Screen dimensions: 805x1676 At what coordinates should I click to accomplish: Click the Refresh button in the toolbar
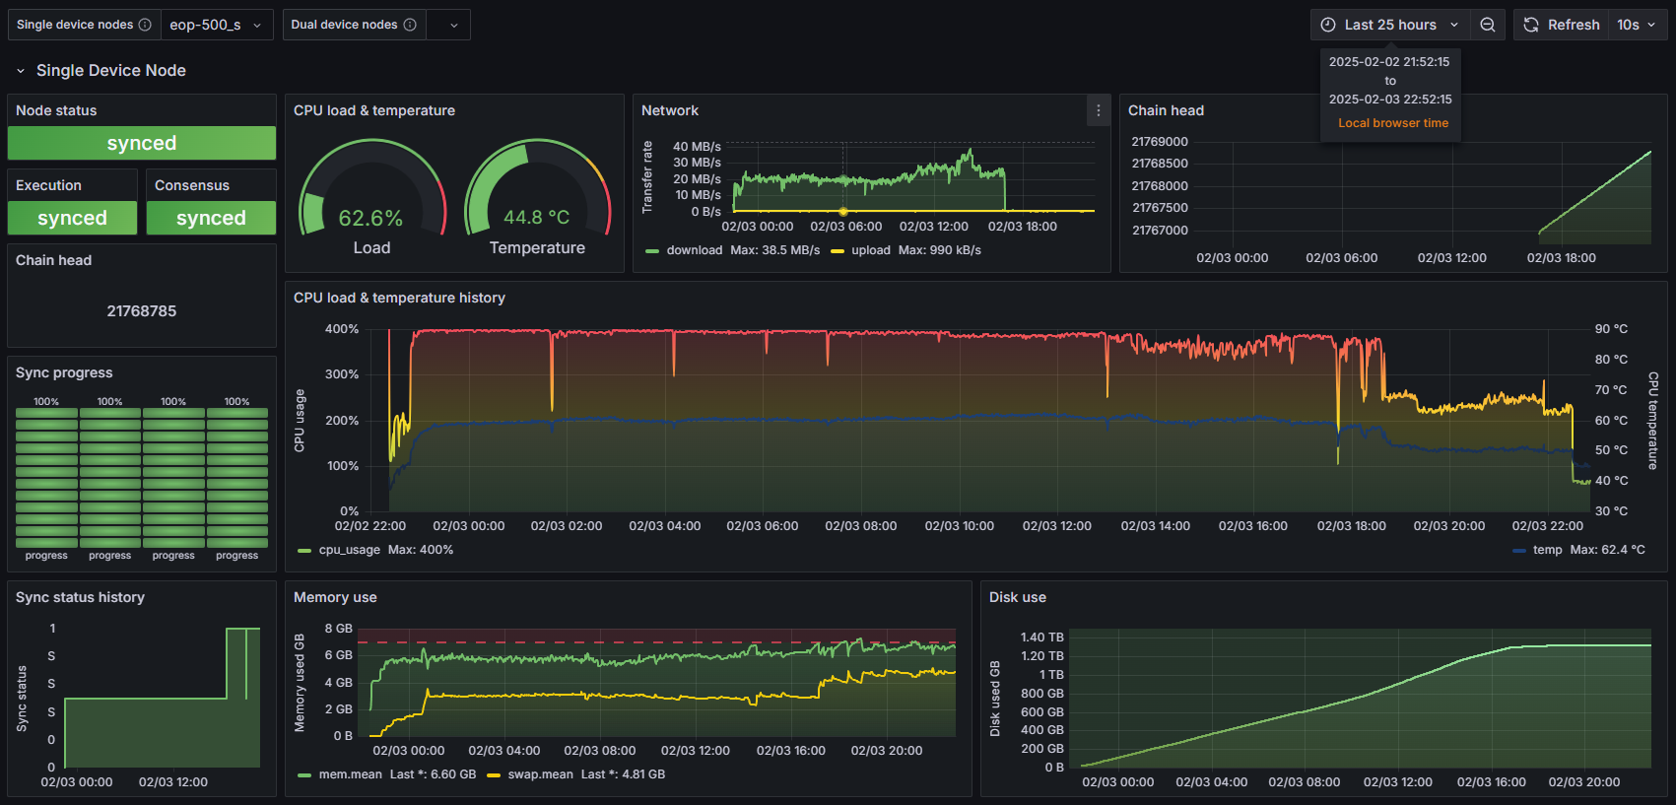click(x=1562, y=25)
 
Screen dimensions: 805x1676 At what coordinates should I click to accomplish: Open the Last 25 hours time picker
click(x=1390, y=25)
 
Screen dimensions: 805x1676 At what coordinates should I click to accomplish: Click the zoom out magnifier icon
click(x=1488, y=25)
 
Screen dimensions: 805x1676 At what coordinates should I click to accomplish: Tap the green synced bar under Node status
click(x=142, y=143)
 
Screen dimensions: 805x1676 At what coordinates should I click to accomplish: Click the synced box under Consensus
click(x=211, y=218)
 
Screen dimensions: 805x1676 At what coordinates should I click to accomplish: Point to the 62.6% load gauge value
click(x=370, y=218)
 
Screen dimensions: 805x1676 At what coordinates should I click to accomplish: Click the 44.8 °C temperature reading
click(x=536, y=217)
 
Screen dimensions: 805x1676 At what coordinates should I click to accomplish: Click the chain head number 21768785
click(x=142, y=311)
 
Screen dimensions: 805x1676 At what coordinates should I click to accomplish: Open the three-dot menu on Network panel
click(x=1099, y=110)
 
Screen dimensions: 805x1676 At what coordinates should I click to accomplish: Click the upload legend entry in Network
click(x=870, y=250)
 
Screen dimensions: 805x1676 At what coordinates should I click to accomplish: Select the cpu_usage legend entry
click(x=349, y=550)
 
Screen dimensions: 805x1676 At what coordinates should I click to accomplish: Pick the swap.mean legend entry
click(x=540, y=774)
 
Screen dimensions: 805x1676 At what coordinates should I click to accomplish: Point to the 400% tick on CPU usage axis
click(x=342, y=329)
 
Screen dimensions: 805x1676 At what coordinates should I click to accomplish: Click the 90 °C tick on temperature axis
click(x=1611, y=329)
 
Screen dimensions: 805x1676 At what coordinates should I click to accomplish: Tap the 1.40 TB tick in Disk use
click(x=1041, y=637)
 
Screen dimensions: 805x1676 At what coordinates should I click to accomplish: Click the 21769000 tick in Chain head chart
click(x=1160, y=142)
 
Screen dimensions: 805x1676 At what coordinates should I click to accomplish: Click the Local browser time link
click(x=1392, y=123)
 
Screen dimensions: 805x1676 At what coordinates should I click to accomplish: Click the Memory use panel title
click(x=335, y=597)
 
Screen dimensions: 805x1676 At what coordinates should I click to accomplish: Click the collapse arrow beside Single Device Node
click(x=20, y=71)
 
